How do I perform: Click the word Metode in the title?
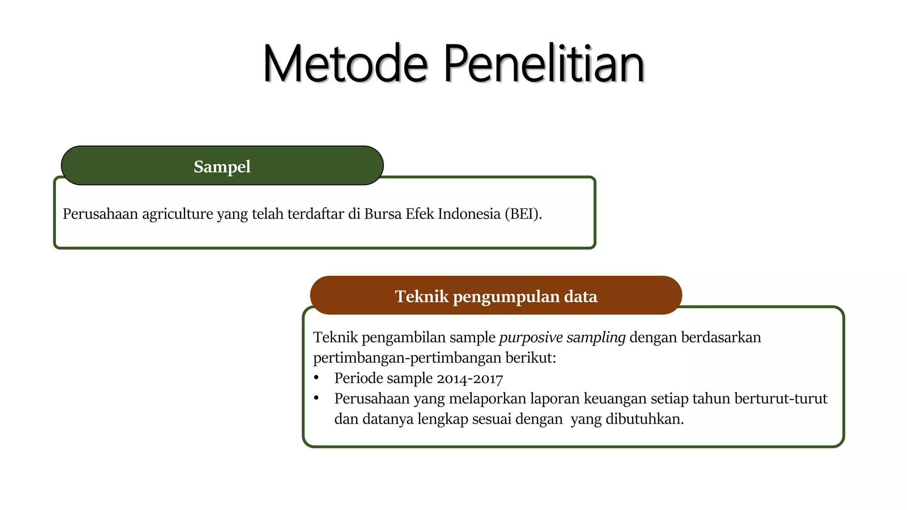345,64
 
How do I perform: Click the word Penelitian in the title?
543,64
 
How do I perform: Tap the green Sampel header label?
222,166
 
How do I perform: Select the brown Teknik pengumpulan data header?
496,296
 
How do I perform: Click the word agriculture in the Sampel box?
178,214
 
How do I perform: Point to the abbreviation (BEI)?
523,214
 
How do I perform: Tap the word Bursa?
383,214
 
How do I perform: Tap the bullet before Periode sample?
316,378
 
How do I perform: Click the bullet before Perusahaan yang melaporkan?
316,398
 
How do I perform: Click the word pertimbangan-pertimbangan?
407,358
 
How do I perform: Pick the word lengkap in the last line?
442,419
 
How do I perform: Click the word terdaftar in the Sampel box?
315,214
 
